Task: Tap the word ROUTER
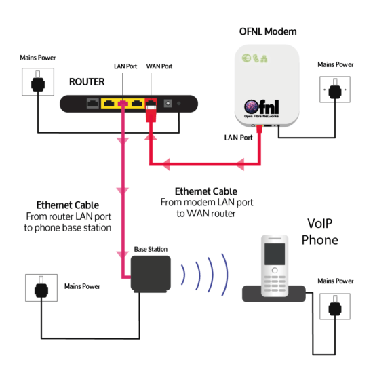coord(86,82)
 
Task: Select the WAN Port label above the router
coord(159,67)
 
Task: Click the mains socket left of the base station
coord(41,289)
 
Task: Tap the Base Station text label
coord(151,249)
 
